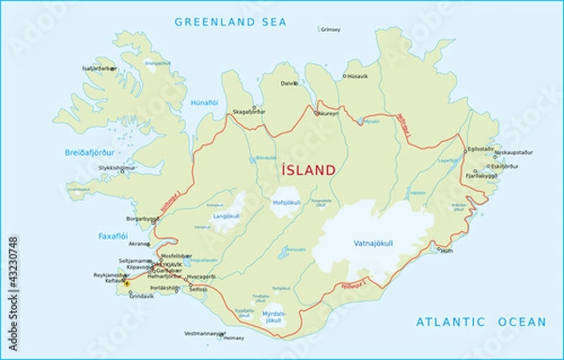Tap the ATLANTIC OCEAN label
(x=481, y=322)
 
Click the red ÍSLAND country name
(x=307, y=170)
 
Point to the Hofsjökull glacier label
(x=286, y=202)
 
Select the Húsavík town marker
(x=345, y=76)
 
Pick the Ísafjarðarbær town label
(x=99, y=68)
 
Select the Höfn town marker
(x=439, y=249)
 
